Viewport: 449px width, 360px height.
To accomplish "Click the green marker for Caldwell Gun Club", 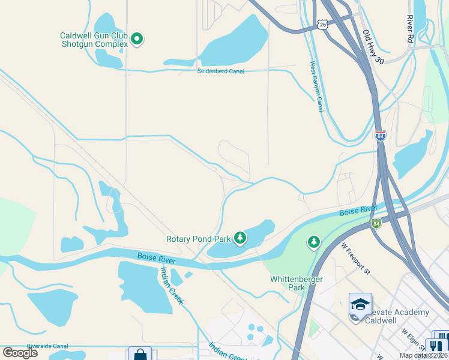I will [137, 40].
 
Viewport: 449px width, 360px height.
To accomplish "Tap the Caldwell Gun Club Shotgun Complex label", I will [94, 40].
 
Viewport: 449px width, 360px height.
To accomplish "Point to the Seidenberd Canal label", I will [221, 71].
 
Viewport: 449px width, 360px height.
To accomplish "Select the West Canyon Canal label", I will [316, 86].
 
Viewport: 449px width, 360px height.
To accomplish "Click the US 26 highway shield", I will [323, 25].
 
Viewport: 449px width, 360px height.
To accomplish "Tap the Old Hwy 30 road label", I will [372, 47].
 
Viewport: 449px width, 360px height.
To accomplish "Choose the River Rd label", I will [410, 29].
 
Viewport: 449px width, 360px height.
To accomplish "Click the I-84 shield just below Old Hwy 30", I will [380, 135].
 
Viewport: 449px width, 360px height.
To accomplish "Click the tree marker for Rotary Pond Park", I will [240, 238].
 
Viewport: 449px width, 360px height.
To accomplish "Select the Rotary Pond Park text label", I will [198, 239].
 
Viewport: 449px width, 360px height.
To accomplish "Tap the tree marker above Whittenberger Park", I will [313, 242].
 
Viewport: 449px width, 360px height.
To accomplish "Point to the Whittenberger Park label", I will [297, 283].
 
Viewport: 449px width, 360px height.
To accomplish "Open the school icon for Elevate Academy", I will [360, 305].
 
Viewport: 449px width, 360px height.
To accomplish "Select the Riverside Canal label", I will [39, 346].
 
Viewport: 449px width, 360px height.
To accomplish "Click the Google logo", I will [20, 353].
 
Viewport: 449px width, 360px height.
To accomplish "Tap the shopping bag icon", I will [140, 355].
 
